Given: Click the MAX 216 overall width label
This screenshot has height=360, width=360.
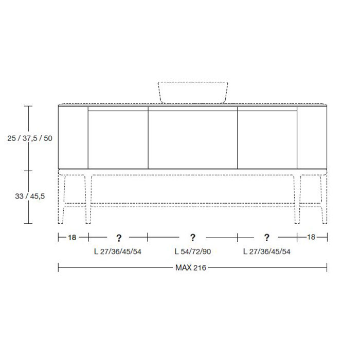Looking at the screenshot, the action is coord(191,268).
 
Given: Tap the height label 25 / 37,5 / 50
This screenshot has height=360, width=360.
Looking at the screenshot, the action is coord(30,138).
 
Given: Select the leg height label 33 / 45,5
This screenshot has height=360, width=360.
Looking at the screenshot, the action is coord(30,196).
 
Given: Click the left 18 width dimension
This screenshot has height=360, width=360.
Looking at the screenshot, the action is coord(72,238).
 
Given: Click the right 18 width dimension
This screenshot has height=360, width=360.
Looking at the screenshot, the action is coord(311,237).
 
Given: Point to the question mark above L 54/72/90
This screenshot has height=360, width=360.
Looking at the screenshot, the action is coord(193,238).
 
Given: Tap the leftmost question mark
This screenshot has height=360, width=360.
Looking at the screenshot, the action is coord(119,238).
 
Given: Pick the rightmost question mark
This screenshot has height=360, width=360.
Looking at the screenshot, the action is coord(266,238).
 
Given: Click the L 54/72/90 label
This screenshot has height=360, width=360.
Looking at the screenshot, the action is coord(193,251).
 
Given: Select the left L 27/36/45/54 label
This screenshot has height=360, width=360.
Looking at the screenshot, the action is coord(118,251).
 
